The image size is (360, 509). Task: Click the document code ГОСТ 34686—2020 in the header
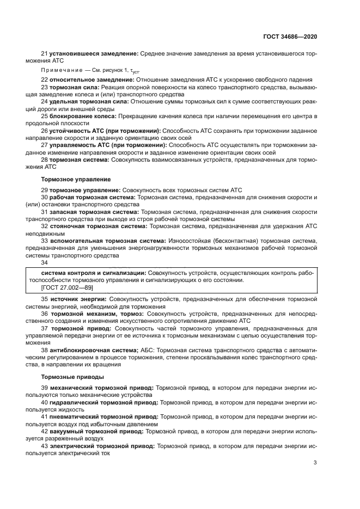290,36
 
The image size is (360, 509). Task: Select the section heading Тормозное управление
76,179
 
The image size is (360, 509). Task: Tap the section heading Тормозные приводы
72,376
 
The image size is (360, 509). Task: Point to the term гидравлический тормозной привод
103,402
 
